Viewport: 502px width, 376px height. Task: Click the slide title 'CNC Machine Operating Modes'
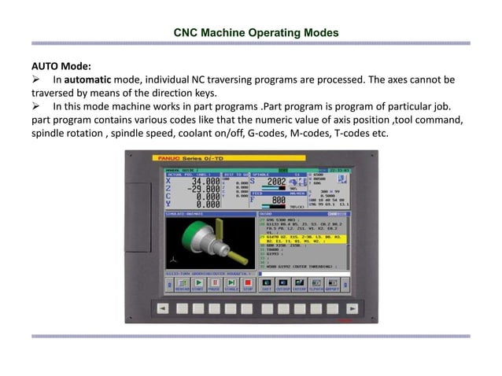point(256,33)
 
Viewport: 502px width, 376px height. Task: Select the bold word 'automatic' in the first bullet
point(88,79)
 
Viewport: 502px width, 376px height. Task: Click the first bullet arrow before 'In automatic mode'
point(36,80)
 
